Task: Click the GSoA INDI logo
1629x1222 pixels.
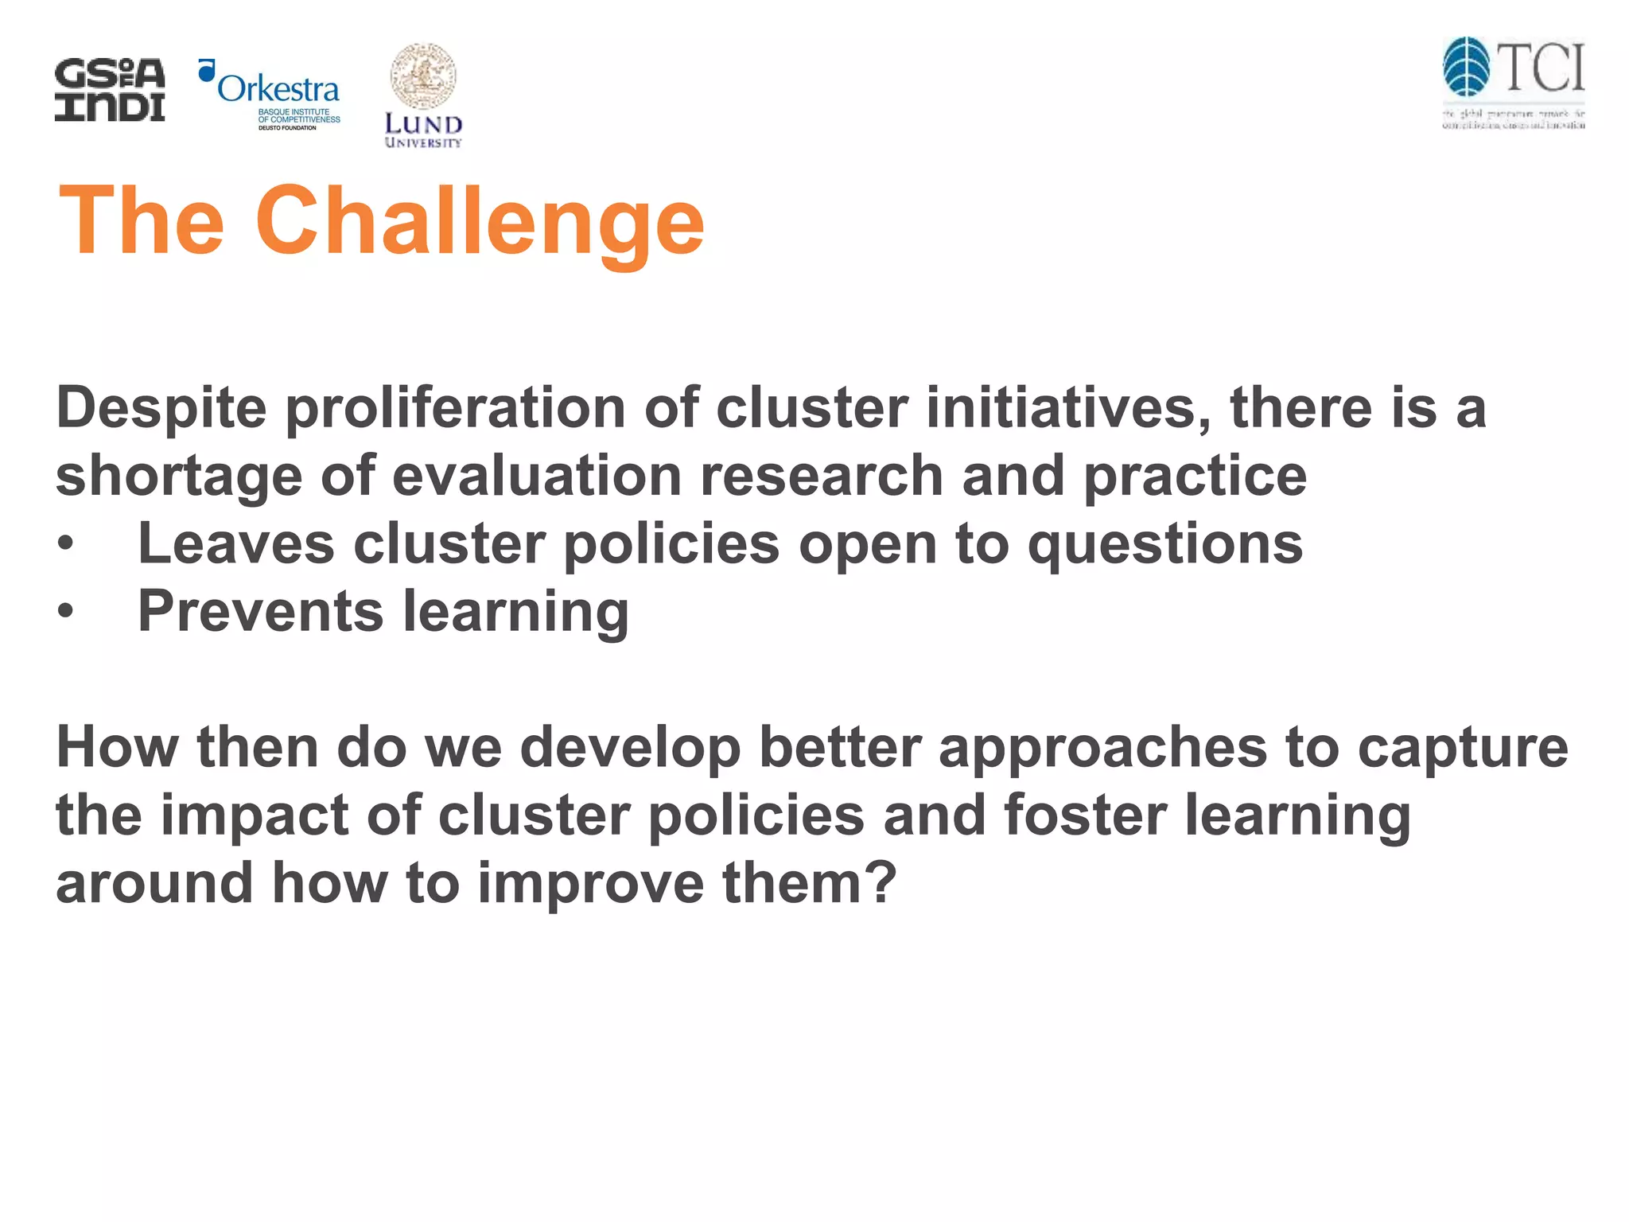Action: (110, 90)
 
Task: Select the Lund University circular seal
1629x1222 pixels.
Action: (422, 76)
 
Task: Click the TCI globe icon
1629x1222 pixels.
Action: (1466, 67)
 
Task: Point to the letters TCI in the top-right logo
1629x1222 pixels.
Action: (1542, 68)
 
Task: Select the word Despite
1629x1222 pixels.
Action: (161, 408)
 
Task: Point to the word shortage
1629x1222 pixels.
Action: (179, 476)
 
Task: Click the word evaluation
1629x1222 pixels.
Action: (537, 476)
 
